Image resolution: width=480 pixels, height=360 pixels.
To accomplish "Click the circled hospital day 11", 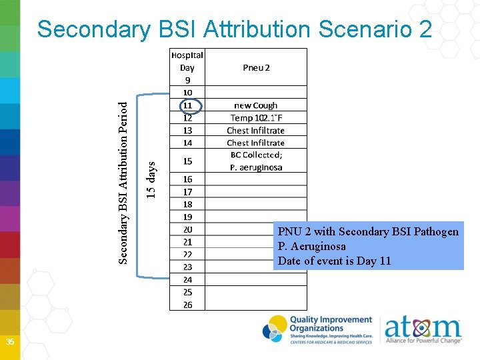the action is pos(187,105).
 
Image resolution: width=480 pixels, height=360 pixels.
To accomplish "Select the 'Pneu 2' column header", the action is pos(256,67).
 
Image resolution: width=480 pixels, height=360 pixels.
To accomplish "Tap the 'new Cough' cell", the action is pos(256,105).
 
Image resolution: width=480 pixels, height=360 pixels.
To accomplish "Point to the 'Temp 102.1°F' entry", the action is pos(256,118).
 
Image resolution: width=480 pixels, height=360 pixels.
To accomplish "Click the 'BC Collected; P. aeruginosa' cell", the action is pos(256,161).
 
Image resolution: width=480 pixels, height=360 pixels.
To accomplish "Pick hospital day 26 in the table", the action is pos(187,305).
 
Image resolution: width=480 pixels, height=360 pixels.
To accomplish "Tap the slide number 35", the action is pos(10,342).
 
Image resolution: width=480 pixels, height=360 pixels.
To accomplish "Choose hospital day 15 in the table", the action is pos(187,161).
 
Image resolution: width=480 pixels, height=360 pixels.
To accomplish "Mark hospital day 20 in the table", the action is pos(187,229).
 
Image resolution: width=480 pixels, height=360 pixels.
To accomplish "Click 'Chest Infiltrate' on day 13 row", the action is pos(256,131).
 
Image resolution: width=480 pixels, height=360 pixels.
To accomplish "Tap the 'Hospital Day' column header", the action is pos(187,61).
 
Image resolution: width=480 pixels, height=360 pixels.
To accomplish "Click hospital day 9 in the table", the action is pos(187,79).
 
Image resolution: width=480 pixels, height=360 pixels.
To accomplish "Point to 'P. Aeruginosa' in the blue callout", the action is pos(312,246).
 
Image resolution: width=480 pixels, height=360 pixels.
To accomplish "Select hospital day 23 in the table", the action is pos(187,267).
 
